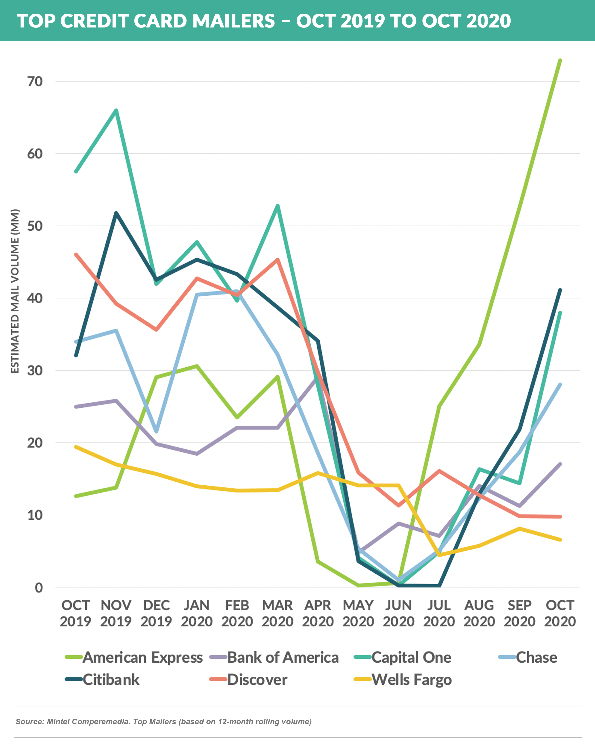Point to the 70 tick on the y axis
pos(35,82)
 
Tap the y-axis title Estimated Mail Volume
pos(15,291)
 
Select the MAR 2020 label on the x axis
pos(277,613)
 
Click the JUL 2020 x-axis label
pos(439,613)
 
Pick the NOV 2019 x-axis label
pos(116,613)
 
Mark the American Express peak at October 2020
pos(560,60)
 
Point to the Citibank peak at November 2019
pos(116,213)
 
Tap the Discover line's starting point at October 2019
pos(76,255)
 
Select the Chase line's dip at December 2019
pos(156,432)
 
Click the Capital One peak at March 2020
pos(278,205)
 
